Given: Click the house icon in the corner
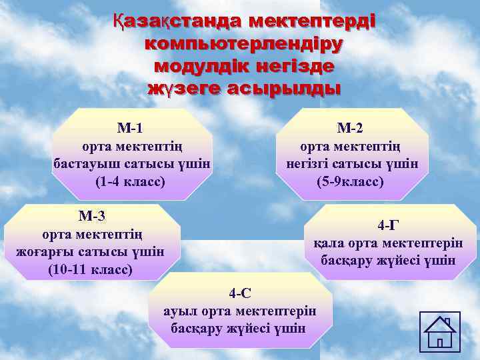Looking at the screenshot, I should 441,331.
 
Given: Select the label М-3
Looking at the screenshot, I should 91,216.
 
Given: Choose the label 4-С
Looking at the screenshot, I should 240,293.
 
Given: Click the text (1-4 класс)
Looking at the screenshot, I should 130,181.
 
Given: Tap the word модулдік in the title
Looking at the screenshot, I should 201,67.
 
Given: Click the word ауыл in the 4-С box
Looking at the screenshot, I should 178,311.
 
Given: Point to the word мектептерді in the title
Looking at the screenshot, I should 312,22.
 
